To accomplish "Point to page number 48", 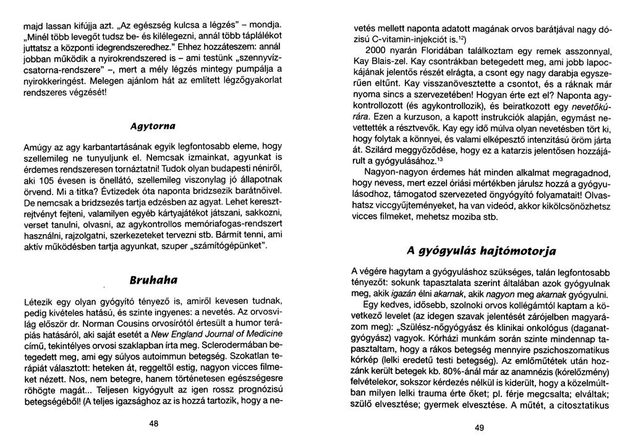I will pos(154,423).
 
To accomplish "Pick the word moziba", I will pos(459,217).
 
